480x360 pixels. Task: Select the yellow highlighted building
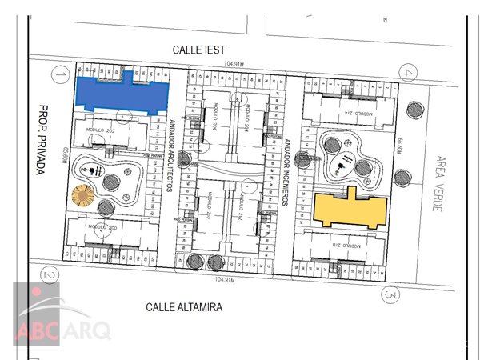(x=350, y=210)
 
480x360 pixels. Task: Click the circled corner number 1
(x=58, y=76)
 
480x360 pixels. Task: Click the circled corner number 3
(x=390, y=295)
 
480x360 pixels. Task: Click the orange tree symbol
(x=83, y=195)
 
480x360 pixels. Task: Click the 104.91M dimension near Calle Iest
(x=234, y=63)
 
